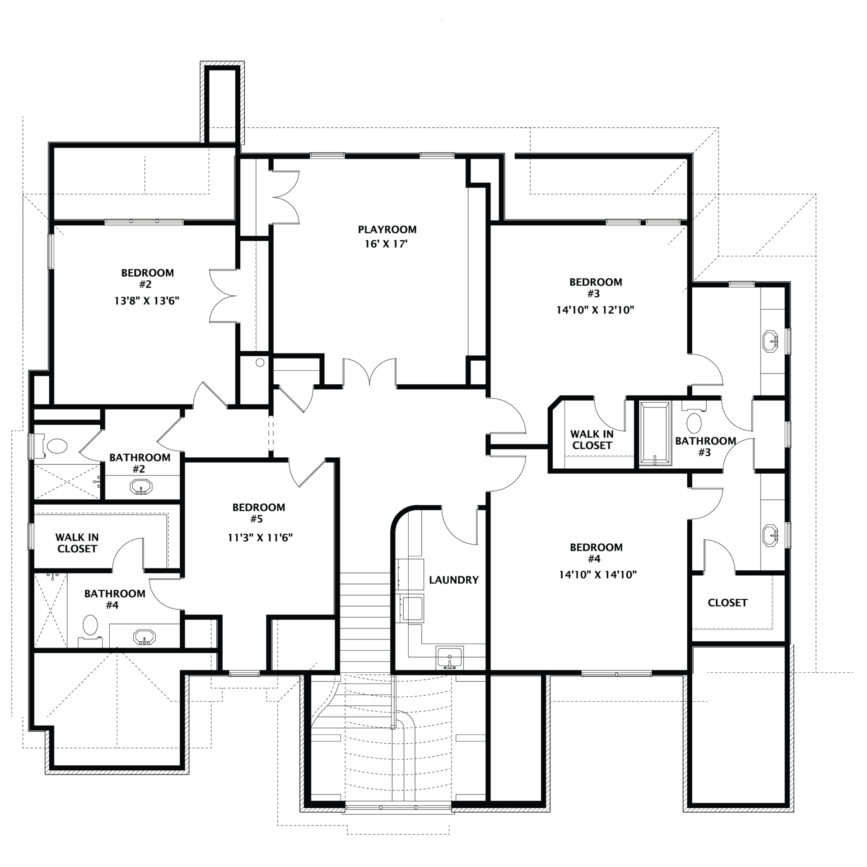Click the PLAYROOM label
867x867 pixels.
[x=387, y=229]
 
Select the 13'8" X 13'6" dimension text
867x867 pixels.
[x=147, y=301]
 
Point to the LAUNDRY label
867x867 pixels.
[x=453, y=580]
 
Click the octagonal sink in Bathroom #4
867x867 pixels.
[x=144, y=638]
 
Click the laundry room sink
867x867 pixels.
[x=449, y=658]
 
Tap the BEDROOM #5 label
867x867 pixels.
[x=259, y=513]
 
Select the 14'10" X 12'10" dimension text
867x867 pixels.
[x=596, y=310]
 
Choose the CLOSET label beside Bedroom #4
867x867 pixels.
[x=727, y=602]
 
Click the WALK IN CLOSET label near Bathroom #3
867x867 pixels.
[x=592, y=439]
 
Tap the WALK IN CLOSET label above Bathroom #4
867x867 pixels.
[x=77, y=543]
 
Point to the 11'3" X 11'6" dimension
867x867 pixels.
[x=260, y=537]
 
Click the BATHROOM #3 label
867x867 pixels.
[x=705, y=446]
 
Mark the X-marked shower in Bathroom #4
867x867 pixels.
[x=51, y=611]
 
